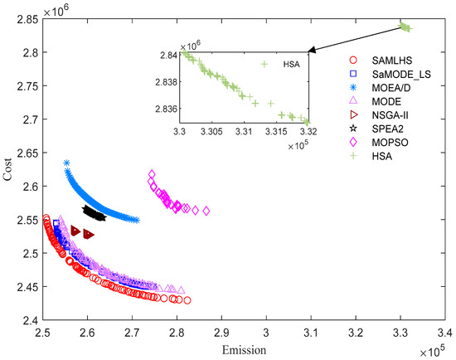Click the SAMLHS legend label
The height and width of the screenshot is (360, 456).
[372, 61]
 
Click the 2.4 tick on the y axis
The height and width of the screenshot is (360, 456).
[30, 320]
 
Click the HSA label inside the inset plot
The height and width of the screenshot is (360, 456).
[282, 64]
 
